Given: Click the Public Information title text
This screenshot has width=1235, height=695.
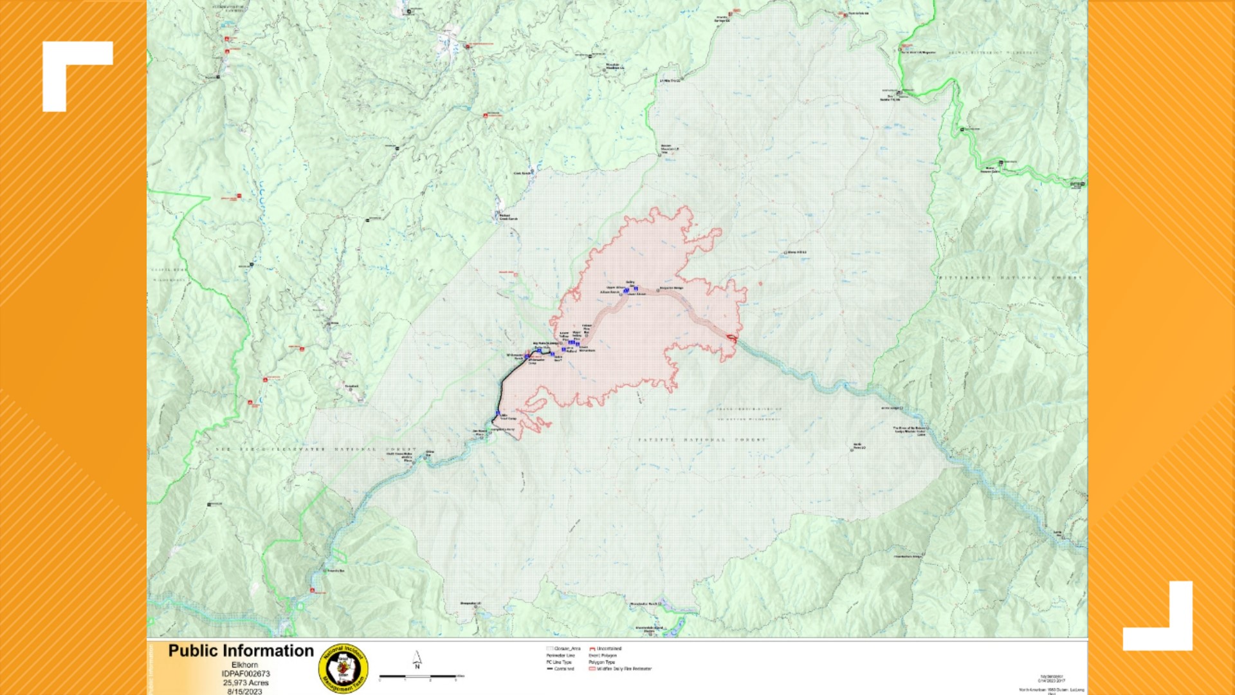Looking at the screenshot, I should [241, 651].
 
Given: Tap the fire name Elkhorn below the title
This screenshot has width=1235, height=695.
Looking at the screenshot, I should [244, 665].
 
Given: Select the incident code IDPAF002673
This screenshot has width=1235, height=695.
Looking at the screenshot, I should [246, 674].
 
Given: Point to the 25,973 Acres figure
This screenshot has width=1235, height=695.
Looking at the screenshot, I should [246, 683].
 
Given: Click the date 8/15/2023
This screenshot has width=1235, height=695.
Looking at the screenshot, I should [244, 691].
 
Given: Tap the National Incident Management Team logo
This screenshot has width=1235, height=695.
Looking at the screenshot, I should [343, 669].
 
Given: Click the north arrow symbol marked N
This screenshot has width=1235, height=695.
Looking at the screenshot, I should [417, 660].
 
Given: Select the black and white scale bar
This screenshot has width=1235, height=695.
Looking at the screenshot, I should [418, 676].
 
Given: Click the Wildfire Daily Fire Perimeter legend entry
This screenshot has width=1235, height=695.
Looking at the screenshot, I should [620, 669].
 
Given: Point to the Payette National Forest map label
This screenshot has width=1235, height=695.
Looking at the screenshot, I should [702, 440].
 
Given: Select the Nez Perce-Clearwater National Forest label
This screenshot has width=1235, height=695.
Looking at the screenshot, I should [315, 449].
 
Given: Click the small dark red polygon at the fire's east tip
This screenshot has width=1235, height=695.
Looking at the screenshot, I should [732, 337].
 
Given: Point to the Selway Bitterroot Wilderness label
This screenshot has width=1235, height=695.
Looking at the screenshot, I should [1003, 53].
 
